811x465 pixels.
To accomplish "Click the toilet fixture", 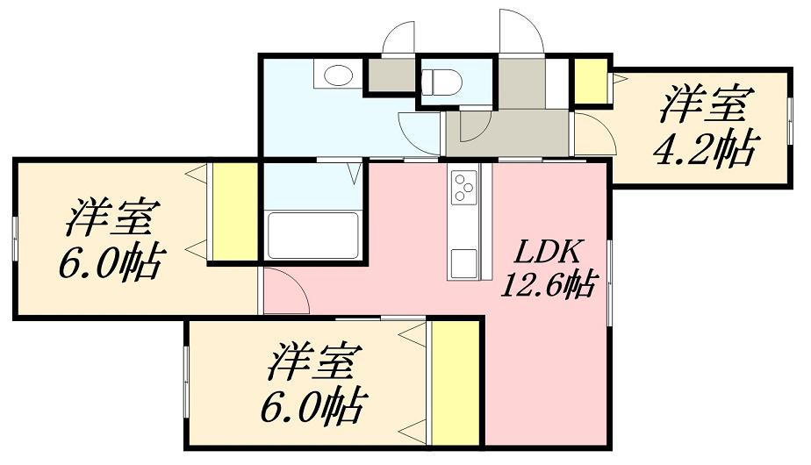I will point(441,82).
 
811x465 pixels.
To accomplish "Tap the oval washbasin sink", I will point(336,75).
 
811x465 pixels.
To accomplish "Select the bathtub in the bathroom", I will point(312,235).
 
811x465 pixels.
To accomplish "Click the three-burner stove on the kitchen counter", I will point(463,187).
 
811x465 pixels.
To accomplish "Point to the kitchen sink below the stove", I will point(463,261).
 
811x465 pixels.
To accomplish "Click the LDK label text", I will point(545,253).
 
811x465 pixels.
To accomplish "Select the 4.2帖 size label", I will point(703,150).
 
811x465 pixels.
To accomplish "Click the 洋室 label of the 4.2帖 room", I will point(703,106).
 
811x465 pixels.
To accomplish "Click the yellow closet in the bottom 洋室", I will point(456,383).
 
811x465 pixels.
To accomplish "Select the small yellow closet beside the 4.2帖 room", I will point(592,82).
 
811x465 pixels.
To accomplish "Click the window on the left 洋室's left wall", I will point(15,236).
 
